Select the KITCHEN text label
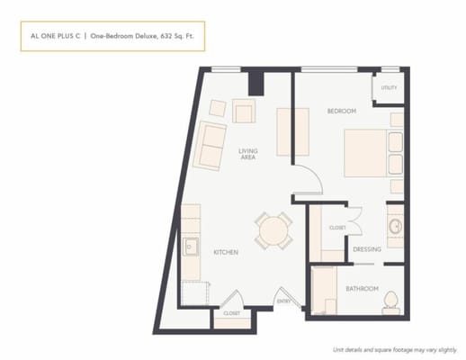tap(225, 253)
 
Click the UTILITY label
tap(389, 87)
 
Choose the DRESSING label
tap(367, 249)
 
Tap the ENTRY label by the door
tap(283, 301)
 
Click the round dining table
tap(272, 230)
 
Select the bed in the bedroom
tap(371, 153)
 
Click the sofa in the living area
tap(211, 146)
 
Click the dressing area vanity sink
tap(394, 224)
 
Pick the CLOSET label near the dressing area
tap(337, 228)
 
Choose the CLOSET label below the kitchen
tap(231, 313)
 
